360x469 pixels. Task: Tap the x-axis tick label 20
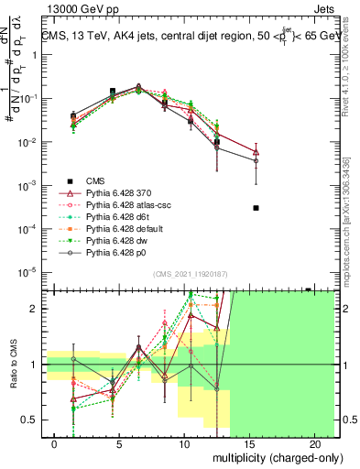(x=312, y=442)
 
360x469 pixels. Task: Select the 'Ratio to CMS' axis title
(x=13, y=365)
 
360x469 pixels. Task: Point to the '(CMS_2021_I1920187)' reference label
(x=191, y=274)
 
